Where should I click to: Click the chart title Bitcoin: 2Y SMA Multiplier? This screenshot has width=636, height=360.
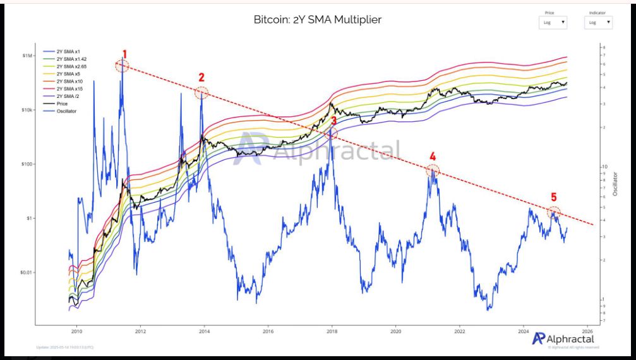point(317,20)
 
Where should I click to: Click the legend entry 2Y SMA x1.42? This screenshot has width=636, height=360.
point(70,58)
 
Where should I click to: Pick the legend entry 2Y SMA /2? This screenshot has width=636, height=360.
point(68,97)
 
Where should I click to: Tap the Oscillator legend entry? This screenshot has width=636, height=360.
point(66,112)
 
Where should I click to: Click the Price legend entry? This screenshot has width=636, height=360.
point(63,105)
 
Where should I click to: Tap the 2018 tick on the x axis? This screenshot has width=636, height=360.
point(332,331)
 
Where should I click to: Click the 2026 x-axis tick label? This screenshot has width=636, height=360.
point(587,331)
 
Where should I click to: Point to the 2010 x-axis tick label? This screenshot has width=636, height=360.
point(77,331)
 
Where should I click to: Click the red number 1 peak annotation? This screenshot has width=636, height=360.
point(124,54)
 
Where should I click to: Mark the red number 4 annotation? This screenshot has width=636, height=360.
point(433,156)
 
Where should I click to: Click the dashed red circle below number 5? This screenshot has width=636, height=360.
point(554,212)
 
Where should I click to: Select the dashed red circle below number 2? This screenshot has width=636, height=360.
point(201,93)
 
